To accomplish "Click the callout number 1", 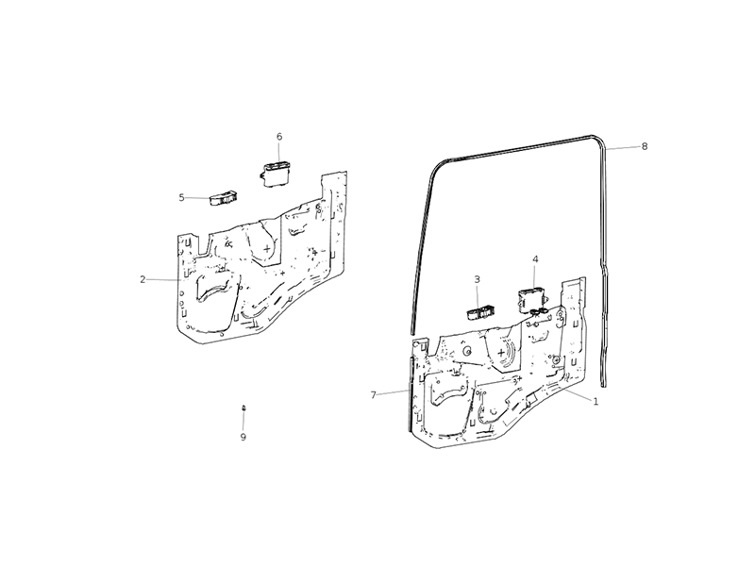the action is (596, 402).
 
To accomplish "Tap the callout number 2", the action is (143, 279).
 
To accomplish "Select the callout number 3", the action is (477, 279).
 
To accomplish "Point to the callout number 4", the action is (535, 259).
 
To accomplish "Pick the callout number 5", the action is (181, 197).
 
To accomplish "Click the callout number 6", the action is (279, 137).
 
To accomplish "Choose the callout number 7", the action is (373, 395).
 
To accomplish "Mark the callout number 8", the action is (645, 146).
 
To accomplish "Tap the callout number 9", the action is (243, 437).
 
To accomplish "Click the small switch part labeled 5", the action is (223, 198).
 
